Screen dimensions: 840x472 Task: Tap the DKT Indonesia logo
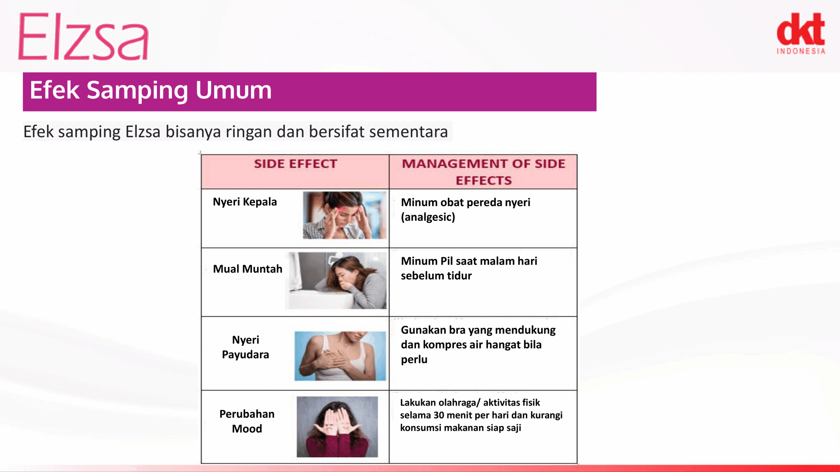[801, 33]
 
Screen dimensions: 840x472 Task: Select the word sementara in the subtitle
[409, 132]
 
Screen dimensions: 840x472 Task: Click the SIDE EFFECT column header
[296, 164]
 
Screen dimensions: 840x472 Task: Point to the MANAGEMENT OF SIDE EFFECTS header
[484, 172]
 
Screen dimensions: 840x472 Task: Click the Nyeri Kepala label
[245, 202]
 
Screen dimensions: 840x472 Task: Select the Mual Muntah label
[247, 269]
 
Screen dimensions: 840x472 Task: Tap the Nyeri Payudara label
[245, 347]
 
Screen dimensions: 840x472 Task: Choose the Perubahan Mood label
[247, 421]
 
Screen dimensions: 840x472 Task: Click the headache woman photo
[345, 215]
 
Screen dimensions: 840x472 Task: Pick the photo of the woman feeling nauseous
[336, 280]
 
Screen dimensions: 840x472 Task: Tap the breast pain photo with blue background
[340, 356]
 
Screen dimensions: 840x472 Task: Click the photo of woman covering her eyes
[337, 427]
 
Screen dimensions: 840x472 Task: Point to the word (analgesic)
[428, 217]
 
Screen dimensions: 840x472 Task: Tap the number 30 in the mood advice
[439, 415]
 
